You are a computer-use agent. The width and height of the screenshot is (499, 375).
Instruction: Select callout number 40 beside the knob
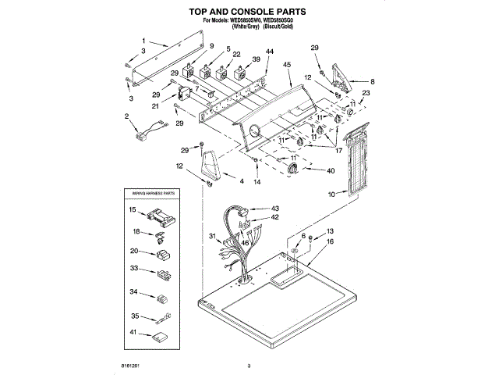[331, 170]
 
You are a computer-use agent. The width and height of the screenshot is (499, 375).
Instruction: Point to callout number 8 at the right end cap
[372, 81]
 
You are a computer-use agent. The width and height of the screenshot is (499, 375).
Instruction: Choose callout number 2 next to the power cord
[127, 116]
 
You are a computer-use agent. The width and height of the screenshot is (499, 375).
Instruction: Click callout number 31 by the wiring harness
[211, 236]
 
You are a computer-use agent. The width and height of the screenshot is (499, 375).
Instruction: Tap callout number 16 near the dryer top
[329, 243]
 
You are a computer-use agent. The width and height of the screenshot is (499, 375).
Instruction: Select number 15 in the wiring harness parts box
[133, 209]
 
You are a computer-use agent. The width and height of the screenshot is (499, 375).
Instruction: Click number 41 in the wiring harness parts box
[133, 333]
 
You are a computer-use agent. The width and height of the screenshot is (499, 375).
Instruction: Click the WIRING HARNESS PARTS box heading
[154, 191]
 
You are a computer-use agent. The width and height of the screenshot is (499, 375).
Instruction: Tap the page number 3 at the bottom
[249, 366]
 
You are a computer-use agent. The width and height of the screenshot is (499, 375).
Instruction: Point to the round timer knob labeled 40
[293, 170]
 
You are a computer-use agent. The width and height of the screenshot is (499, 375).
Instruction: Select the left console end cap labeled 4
[210, 167]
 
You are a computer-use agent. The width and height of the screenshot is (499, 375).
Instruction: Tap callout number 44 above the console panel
[270, 52]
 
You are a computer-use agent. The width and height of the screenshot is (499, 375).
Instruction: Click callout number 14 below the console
[257, 182]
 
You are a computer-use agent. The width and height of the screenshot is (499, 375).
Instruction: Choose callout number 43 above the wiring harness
[275, 208]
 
